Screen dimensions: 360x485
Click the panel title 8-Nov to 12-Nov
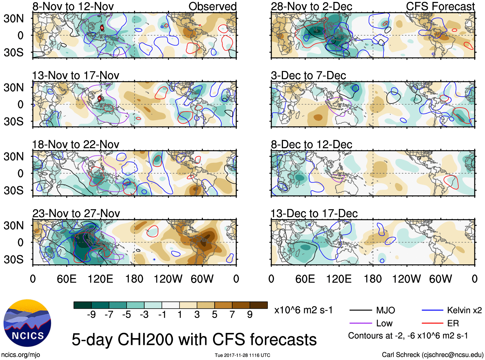point(73,6)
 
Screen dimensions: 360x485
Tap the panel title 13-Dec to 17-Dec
point(314,214)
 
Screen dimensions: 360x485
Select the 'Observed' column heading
point(212,6)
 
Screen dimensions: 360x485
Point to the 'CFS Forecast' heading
point(440,6)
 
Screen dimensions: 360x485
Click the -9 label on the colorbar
point(91,315)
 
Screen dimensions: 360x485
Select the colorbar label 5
point(215,315)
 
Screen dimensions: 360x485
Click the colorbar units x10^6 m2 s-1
point(303,310)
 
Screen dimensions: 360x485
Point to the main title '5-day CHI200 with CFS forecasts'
point(194,339)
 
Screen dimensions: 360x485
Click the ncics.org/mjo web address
point(21,355)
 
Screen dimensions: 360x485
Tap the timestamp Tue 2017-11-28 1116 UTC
point(242,355)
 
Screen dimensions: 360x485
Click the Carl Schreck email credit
point(432,355)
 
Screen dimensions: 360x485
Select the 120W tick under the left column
point(168,279)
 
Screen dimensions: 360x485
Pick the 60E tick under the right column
point(305,279)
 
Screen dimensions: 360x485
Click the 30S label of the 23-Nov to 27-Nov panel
point(13,259)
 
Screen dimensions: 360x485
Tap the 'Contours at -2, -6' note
point(408,336)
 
